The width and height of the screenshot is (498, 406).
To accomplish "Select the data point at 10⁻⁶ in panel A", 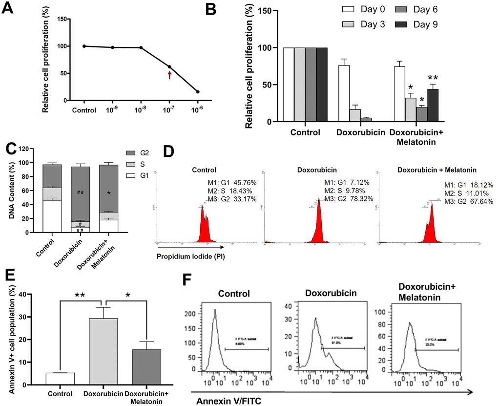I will pyautogui.click(x=198, y=92).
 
